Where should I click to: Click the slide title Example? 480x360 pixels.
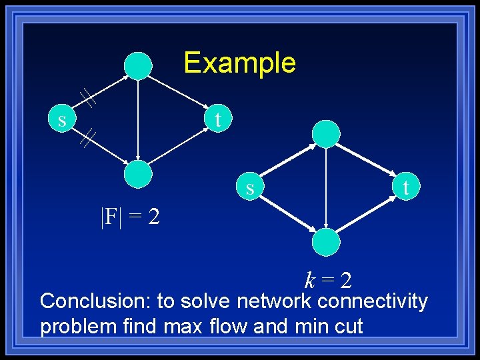(239, 63)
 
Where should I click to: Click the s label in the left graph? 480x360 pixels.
(62, 121)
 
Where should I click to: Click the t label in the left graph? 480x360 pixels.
(217, 119)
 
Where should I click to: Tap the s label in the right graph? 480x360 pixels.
(250, 189)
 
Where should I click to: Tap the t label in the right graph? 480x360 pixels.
(405, 188)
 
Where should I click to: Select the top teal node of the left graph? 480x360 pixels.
(139, 66)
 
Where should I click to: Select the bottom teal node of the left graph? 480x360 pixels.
(139, 174)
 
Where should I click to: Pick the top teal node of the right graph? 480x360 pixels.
(327, 134)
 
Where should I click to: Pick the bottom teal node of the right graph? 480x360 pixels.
(327, 241)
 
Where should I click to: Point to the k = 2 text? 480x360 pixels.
(328, 280)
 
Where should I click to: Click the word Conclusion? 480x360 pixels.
(95, 301)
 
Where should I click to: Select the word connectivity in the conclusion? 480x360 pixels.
(373, 301)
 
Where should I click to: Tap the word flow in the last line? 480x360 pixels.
(257, 327)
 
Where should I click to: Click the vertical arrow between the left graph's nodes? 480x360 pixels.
(137, 120)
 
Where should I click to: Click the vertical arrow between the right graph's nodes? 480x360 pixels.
(325, 188)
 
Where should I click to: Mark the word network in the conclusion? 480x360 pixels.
(273, 301)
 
